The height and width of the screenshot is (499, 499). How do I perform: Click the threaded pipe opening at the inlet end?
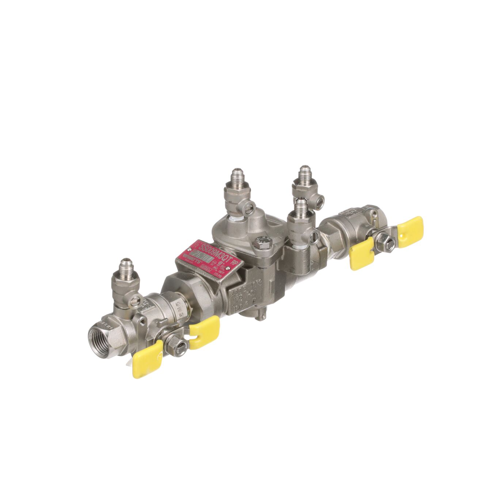[x=100, y=337]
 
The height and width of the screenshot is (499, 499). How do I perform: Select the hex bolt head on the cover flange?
[x=261, y=242]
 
